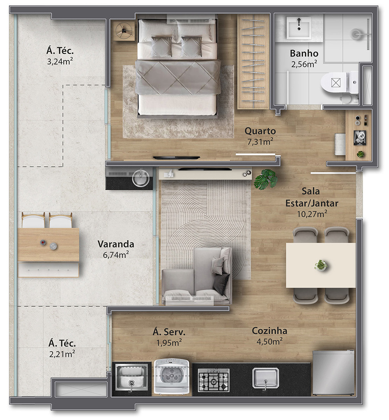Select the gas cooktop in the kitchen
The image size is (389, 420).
pos(214,380)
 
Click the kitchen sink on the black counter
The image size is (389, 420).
pos(266,378)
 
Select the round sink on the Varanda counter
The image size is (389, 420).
pos(141,178)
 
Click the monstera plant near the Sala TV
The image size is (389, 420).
pos(266,179)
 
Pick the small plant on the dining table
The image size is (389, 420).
pos(321,265)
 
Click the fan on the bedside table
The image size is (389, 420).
pos(123,31)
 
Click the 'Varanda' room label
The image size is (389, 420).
pos(116,244)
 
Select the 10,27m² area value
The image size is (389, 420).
pos(312,214)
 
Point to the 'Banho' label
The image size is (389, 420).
pos(304,53)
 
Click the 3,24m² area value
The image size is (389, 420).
pos(60,61)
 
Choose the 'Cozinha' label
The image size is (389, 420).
pos(270,331)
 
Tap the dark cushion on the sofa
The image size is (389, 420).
pos(221,284)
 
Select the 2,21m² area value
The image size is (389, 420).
pos(62,354)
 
